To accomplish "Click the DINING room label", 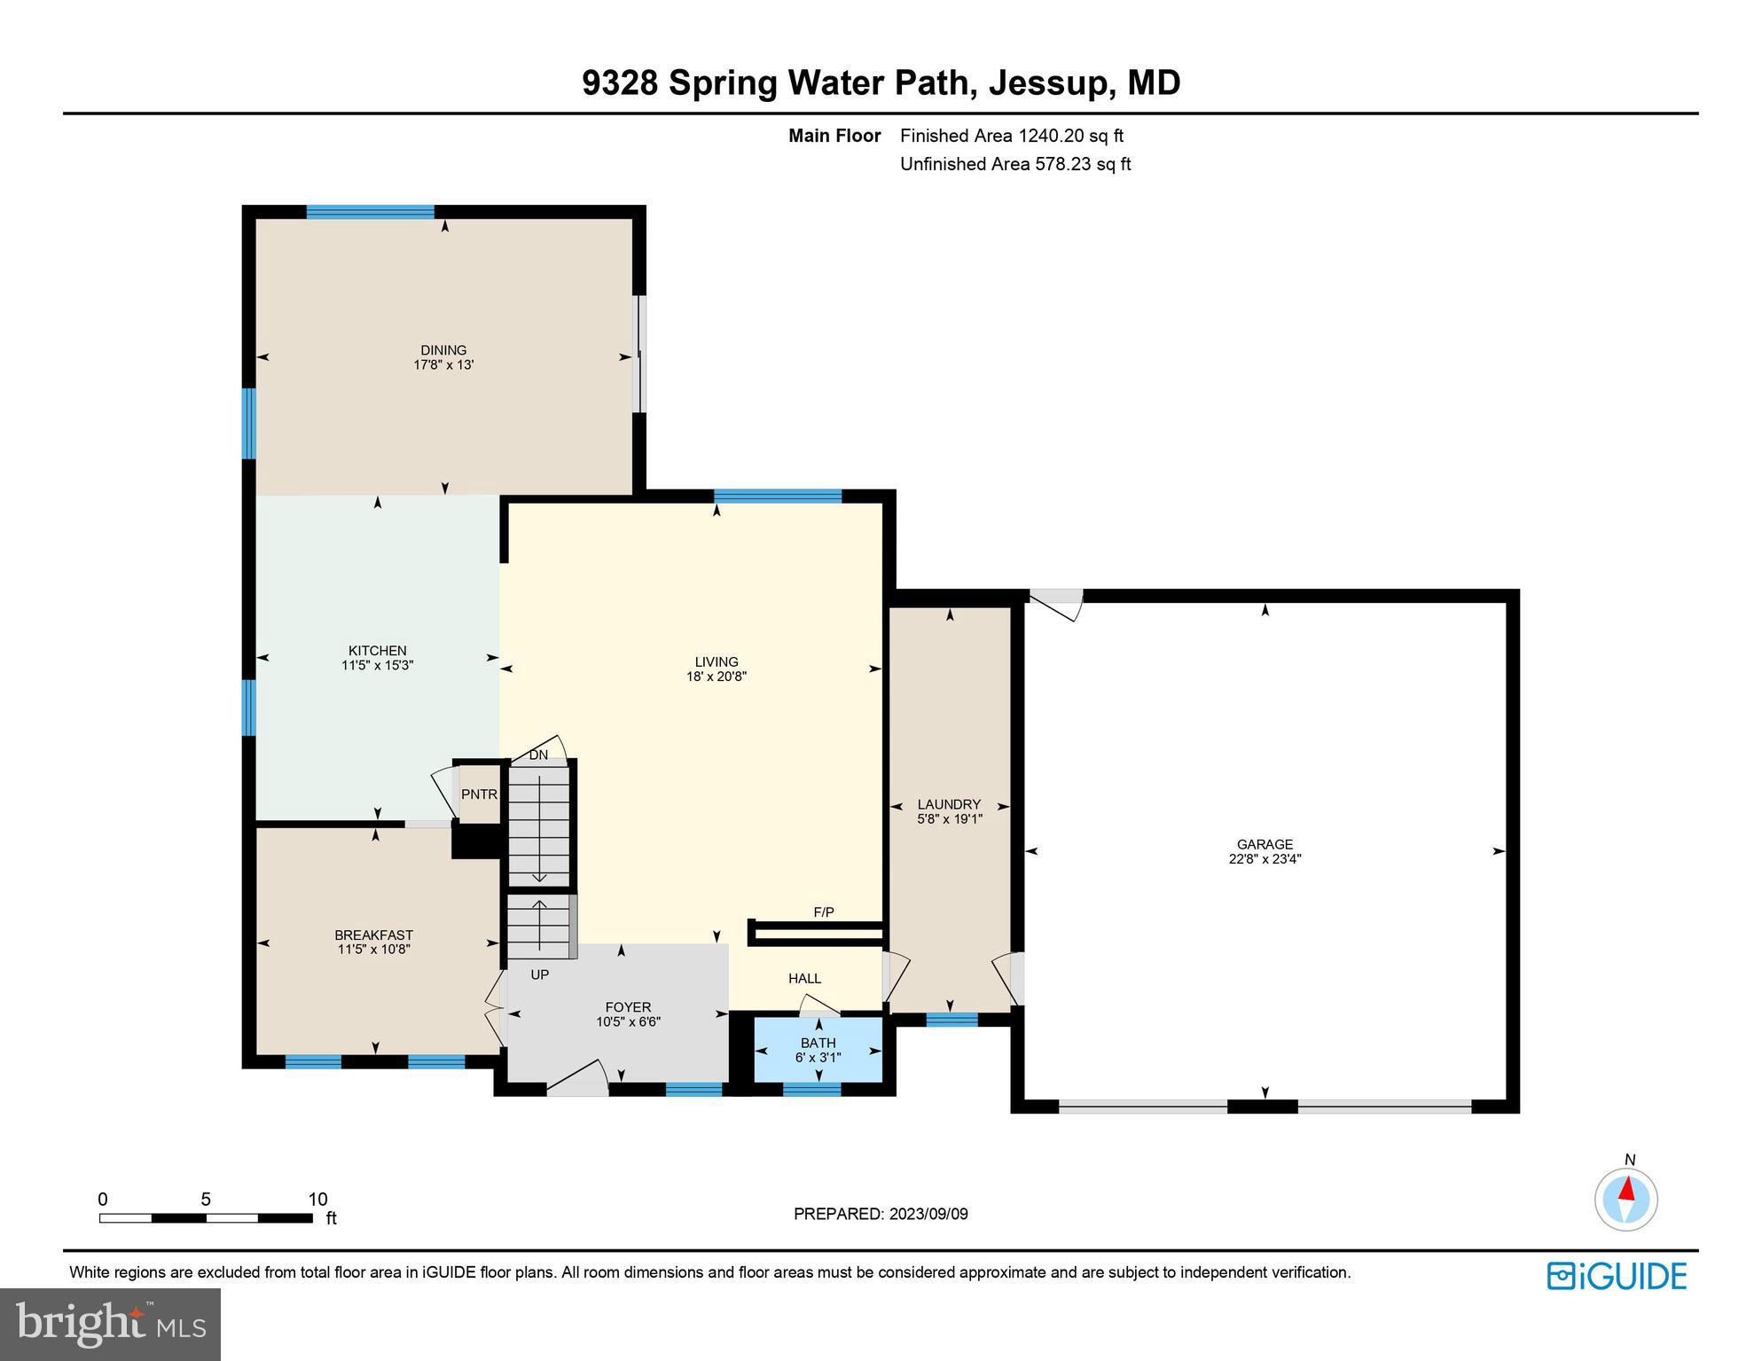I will (x=443, y=350).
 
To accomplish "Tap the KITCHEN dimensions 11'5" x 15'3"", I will (x=378, y=665).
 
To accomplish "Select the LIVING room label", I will (x=717, y=661).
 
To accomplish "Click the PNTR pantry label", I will (x=479, y=794).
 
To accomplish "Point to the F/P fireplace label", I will (x=824, y=912).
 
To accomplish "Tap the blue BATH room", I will (x=818, y=1050).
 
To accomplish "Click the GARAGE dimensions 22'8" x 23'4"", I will (x=1265, y=859).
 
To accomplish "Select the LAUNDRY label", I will (x=949, y=805).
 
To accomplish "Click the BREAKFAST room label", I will (x=373, y=935).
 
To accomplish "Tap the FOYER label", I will (x=628, y=1007).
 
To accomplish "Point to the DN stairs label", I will (x=538, y=755).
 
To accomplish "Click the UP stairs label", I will (x=539, y=974).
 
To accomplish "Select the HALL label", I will (x=804, y=979).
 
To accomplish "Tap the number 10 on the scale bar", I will (x=317, y=1200).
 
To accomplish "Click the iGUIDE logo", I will (x=1617, y=1276).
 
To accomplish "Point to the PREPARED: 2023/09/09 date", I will (x=881, y=1214).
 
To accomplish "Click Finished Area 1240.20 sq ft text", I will (x=1011, y=136).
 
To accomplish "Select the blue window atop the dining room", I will (x=371, y=212).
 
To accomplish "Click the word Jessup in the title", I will (x=1048, y=82).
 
